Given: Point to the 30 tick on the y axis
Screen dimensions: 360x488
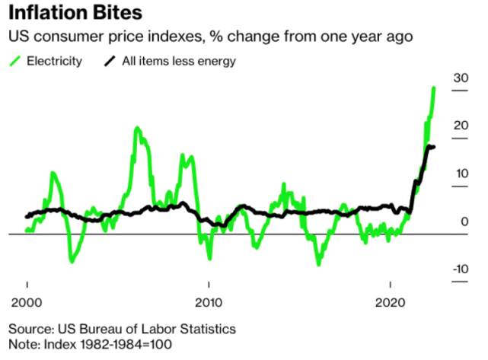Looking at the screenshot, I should (460, 78).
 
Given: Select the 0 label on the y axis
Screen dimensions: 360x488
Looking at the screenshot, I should (464, 221).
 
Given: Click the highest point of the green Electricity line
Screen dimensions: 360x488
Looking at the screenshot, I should (434, 88).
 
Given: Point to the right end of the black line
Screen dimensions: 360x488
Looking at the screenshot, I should (433, 147).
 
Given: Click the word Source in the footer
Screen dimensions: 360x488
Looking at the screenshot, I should (30, 329).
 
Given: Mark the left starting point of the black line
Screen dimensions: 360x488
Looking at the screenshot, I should (27, 216).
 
